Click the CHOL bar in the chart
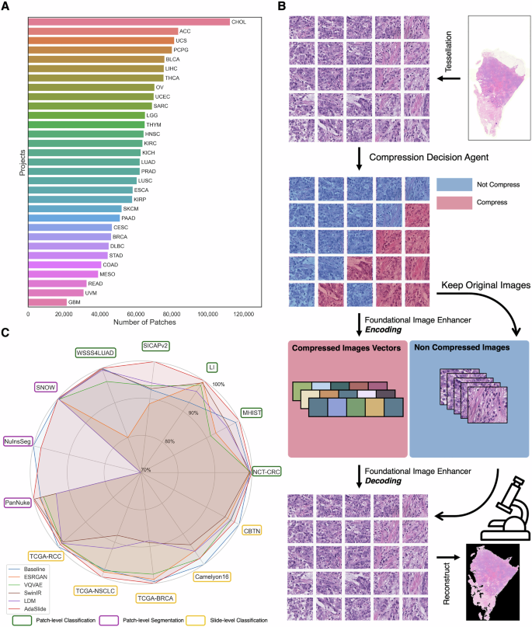click(x=129, y=22)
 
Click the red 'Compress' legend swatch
click(x=453, y=203)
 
